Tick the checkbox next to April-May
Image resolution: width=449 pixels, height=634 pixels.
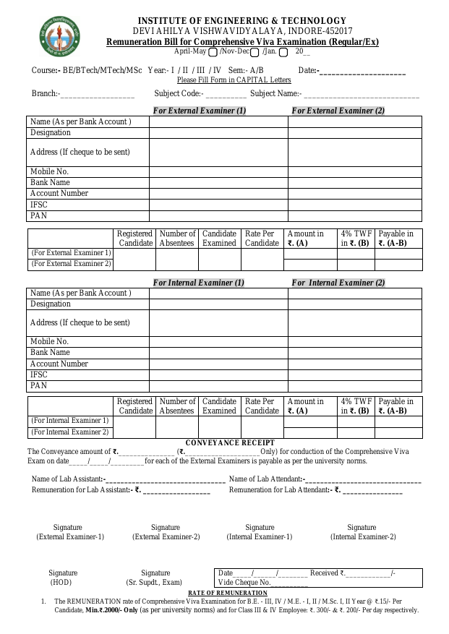point(212,52)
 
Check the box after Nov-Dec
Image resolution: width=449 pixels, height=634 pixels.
point(255,52)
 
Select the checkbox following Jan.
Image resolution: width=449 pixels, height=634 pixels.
point(283,52)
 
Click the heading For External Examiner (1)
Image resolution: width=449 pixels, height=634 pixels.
point(200,111)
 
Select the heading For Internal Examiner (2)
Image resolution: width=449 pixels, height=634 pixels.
point(338,283)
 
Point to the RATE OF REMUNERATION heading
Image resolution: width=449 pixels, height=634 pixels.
point(223,593)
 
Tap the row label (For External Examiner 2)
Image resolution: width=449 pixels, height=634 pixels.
point(71,264)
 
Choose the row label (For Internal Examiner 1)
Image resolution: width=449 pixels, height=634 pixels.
point(70,421)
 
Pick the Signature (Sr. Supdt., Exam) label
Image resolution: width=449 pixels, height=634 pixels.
point(155,578)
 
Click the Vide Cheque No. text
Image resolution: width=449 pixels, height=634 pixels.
point(244,582)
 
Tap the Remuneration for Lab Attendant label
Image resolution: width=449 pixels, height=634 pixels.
point(279,490)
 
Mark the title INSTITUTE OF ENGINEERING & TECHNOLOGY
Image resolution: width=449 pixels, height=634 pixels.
point(241,21)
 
